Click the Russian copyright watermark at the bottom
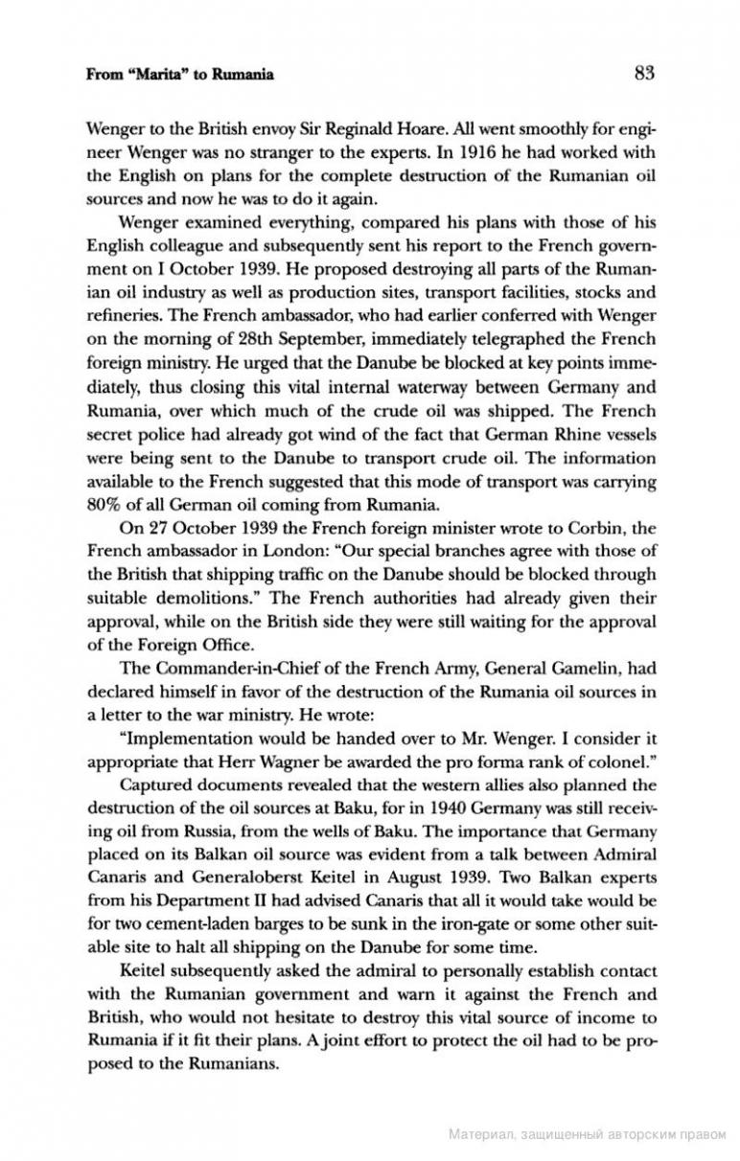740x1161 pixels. (587, 1135)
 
